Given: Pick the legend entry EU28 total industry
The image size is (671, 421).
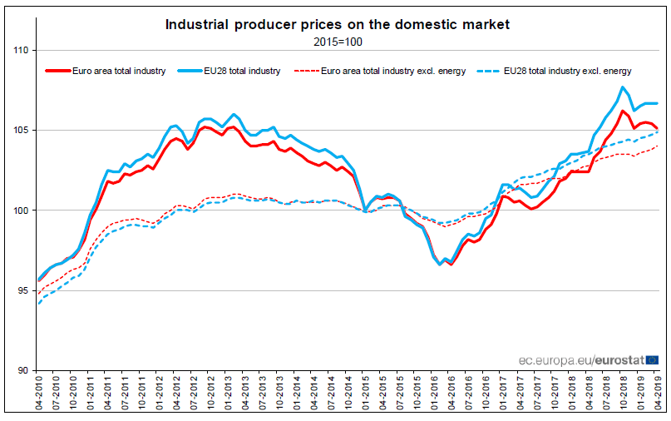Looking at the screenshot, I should click(242, 71).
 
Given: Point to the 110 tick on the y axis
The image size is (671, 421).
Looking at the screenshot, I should click(21, 51).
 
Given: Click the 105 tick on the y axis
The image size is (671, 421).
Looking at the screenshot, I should click(21, 131).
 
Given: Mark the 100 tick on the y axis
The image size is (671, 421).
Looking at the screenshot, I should click(21, 210).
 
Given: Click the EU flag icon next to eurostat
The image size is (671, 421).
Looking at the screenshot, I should click(653, 359).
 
